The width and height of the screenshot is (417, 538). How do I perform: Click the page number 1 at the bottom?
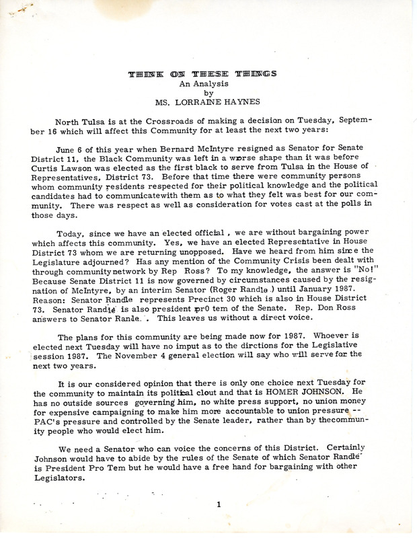click(209, 520)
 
